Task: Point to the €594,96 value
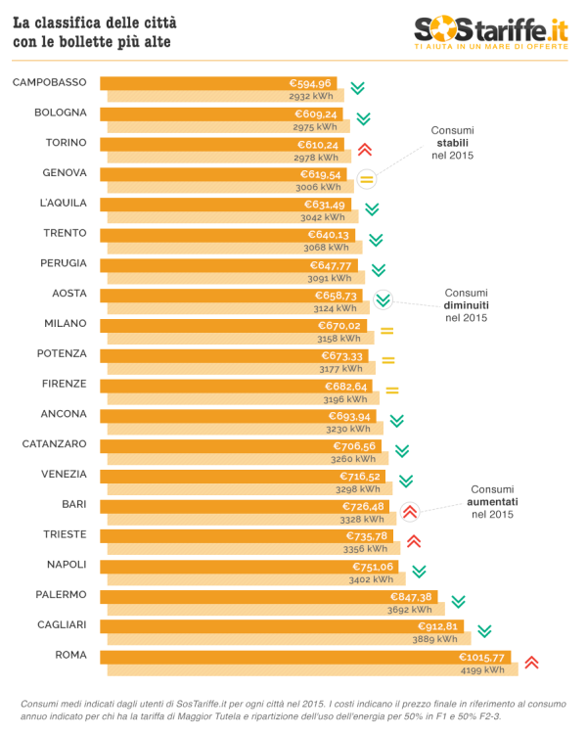(x=310, y=83)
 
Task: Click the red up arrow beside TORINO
(x=364, y=149)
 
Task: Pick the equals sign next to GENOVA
(x=367, y=179)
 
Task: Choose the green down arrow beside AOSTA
(x=383, y=300)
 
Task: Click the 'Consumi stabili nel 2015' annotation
(x=452, y=143)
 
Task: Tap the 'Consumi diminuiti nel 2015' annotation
(x=466, y=304)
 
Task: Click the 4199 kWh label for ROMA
(x=482, y=670)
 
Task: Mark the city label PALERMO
(x=62, y=595)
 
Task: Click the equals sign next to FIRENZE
(x=392, y=390)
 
